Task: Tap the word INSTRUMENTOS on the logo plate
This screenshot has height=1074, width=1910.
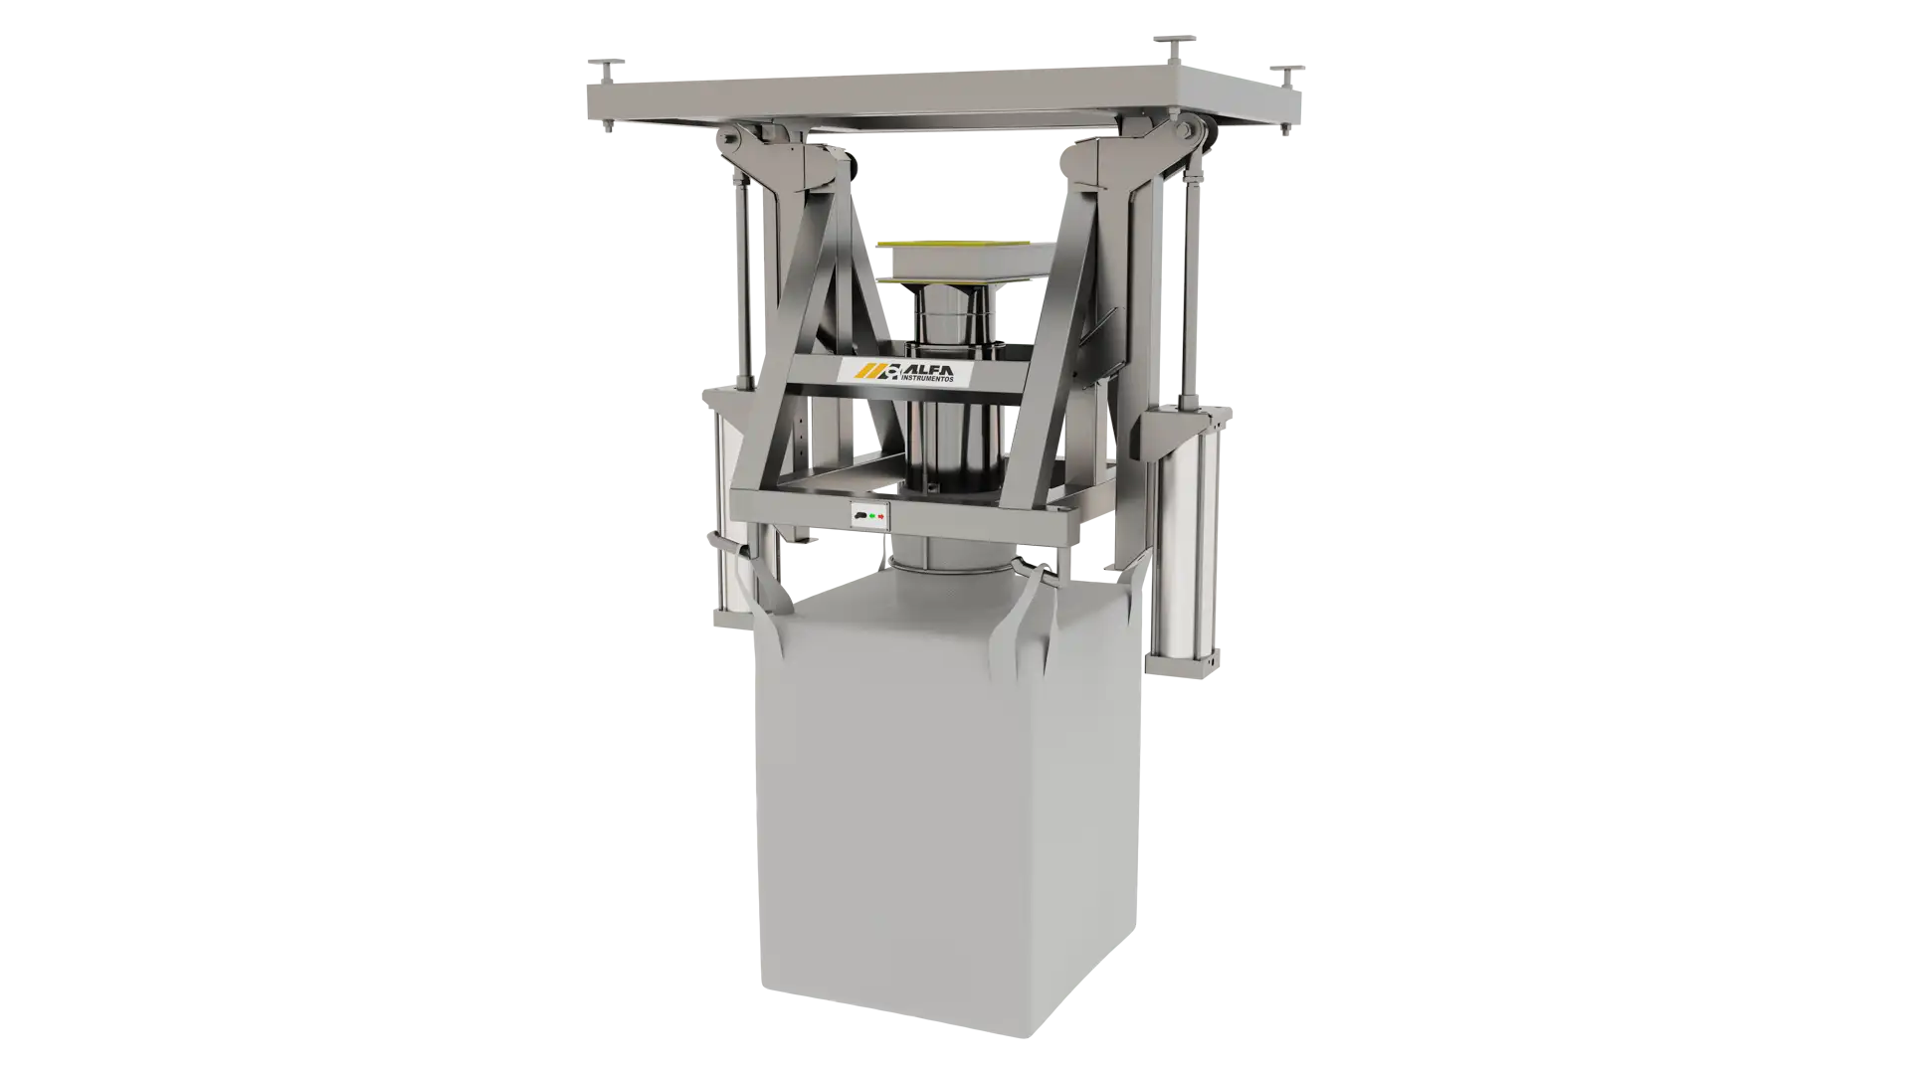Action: click(926, 379)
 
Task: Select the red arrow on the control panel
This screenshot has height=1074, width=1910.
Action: click(881, 516)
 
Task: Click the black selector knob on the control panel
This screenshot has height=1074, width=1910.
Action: click(859, 516)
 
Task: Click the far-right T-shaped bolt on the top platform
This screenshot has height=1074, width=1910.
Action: click(1286, 77)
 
